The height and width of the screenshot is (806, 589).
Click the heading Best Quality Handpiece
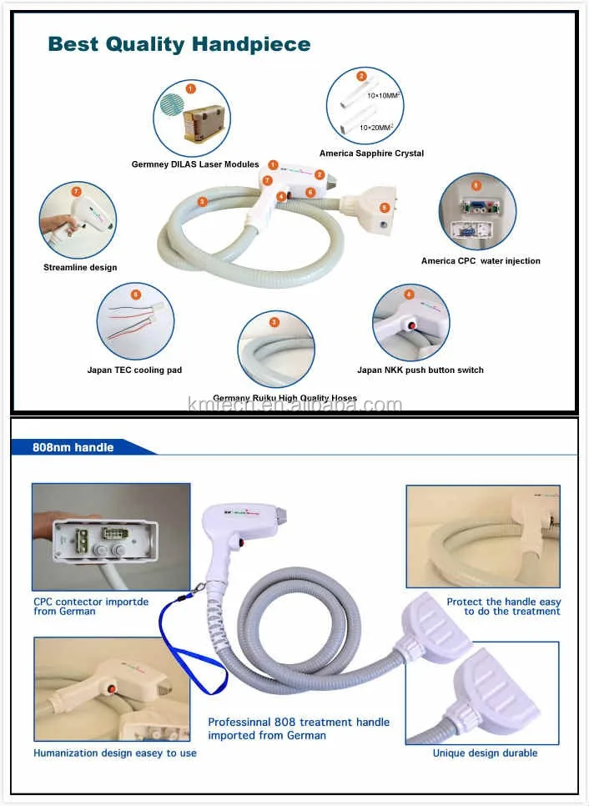coord(179,43)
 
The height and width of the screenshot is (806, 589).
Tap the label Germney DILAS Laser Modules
coord(195,164)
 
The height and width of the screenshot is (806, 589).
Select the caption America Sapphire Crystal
coord(371,154)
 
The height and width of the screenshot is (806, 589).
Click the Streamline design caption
coord(80,268)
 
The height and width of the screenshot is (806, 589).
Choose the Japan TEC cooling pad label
coord(134,370)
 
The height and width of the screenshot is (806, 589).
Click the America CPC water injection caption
coord(481,261)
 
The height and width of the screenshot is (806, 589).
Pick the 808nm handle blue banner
coord(75,447)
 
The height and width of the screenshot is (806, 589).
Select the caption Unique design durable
coord(485,753)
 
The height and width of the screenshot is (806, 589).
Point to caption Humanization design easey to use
coord(115,753)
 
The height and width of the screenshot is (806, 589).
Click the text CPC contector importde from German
coord(91,606)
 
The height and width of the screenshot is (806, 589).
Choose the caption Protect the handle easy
coord(503,602)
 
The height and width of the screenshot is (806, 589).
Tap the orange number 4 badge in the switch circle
coord(409,295)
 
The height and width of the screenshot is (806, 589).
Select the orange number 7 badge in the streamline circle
coord(77,192)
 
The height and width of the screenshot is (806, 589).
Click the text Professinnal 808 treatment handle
coord(299,723)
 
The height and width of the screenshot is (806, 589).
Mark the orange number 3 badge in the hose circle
coord(274,322)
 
